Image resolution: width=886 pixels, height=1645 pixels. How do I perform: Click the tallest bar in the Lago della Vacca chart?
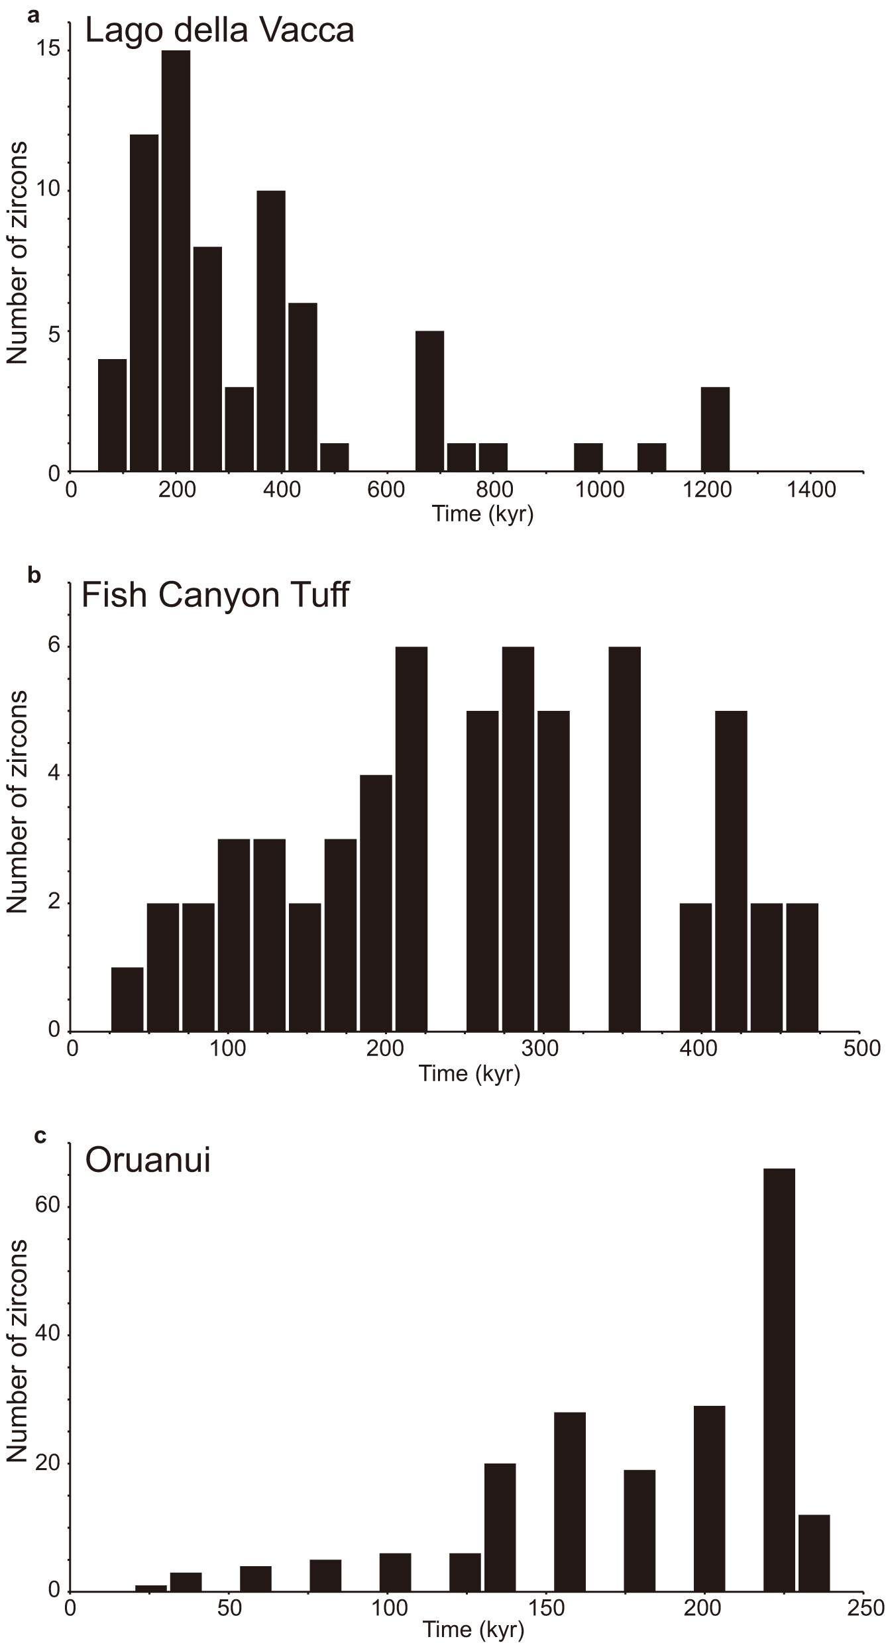176,261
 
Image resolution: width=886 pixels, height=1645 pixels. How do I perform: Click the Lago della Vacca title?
219,31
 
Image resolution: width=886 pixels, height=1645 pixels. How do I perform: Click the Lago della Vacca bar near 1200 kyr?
715,429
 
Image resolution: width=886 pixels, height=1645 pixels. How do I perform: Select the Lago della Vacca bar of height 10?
271,331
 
